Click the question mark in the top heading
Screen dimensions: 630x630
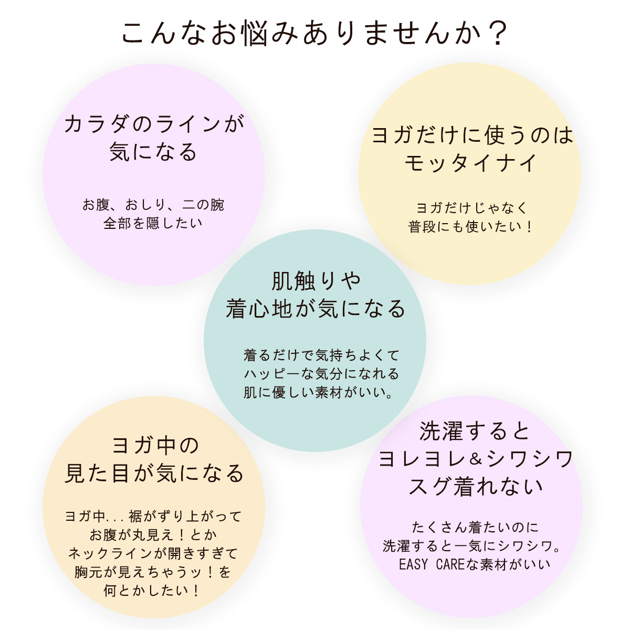point(494,35)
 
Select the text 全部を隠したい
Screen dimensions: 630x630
point(153,223)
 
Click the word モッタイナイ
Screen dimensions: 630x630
point(471,162)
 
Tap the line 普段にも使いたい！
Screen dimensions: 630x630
point(471,227)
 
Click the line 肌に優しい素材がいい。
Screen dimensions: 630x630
point(320,392)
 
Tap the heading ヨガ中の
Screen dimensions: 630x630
point(156,446)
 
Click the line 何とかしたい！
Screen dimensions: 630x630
point(153,591)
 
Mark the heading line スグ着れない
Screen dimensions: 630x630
point(476,487)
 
